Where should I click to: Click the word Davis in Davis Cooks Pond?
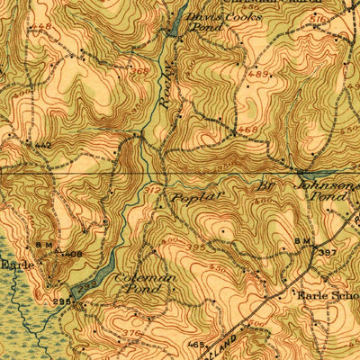click(x=200, y=16)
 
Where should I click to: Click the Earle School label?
click(x=329, y=294)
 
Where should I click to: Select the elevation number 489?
click(x=258, y=75)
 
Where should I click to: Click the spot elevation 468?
click(x=249, y=131)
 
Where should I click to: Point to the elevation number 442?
click(x=42, y=145)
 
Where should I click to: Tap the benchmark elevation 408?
click(x=73, y=255)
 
